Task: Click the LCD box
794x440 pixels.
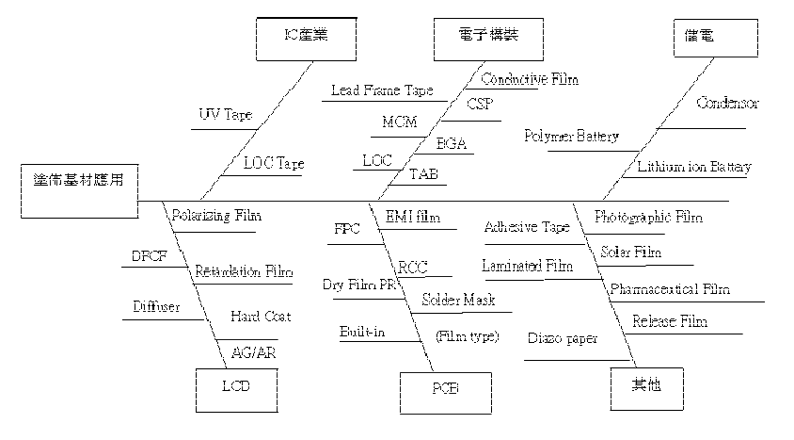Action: (x=236, y=386)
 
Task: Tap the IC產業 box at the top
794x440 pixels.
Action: (x=307, y=37)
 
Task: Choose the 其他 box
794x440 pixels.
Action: (x=643, y=386)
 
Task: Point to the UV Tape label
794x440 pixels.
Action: (x=225, y=115)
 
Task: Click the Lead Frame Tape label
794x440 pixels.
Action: (x=381, y=91)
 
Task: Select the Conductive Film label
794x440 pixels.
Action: (x=529, y=79)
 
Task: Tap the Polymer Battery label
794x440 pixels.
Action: (x=571, y=137)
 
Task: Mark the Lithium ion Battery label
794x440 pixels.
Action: (x=694, y=168)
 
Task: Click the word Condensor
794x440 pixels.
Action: (x=727, y=103)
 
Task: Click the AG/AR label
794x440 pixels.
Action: (x=253, y=352)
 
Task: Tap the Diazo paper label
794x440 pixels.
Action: (x=562, y=337)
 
